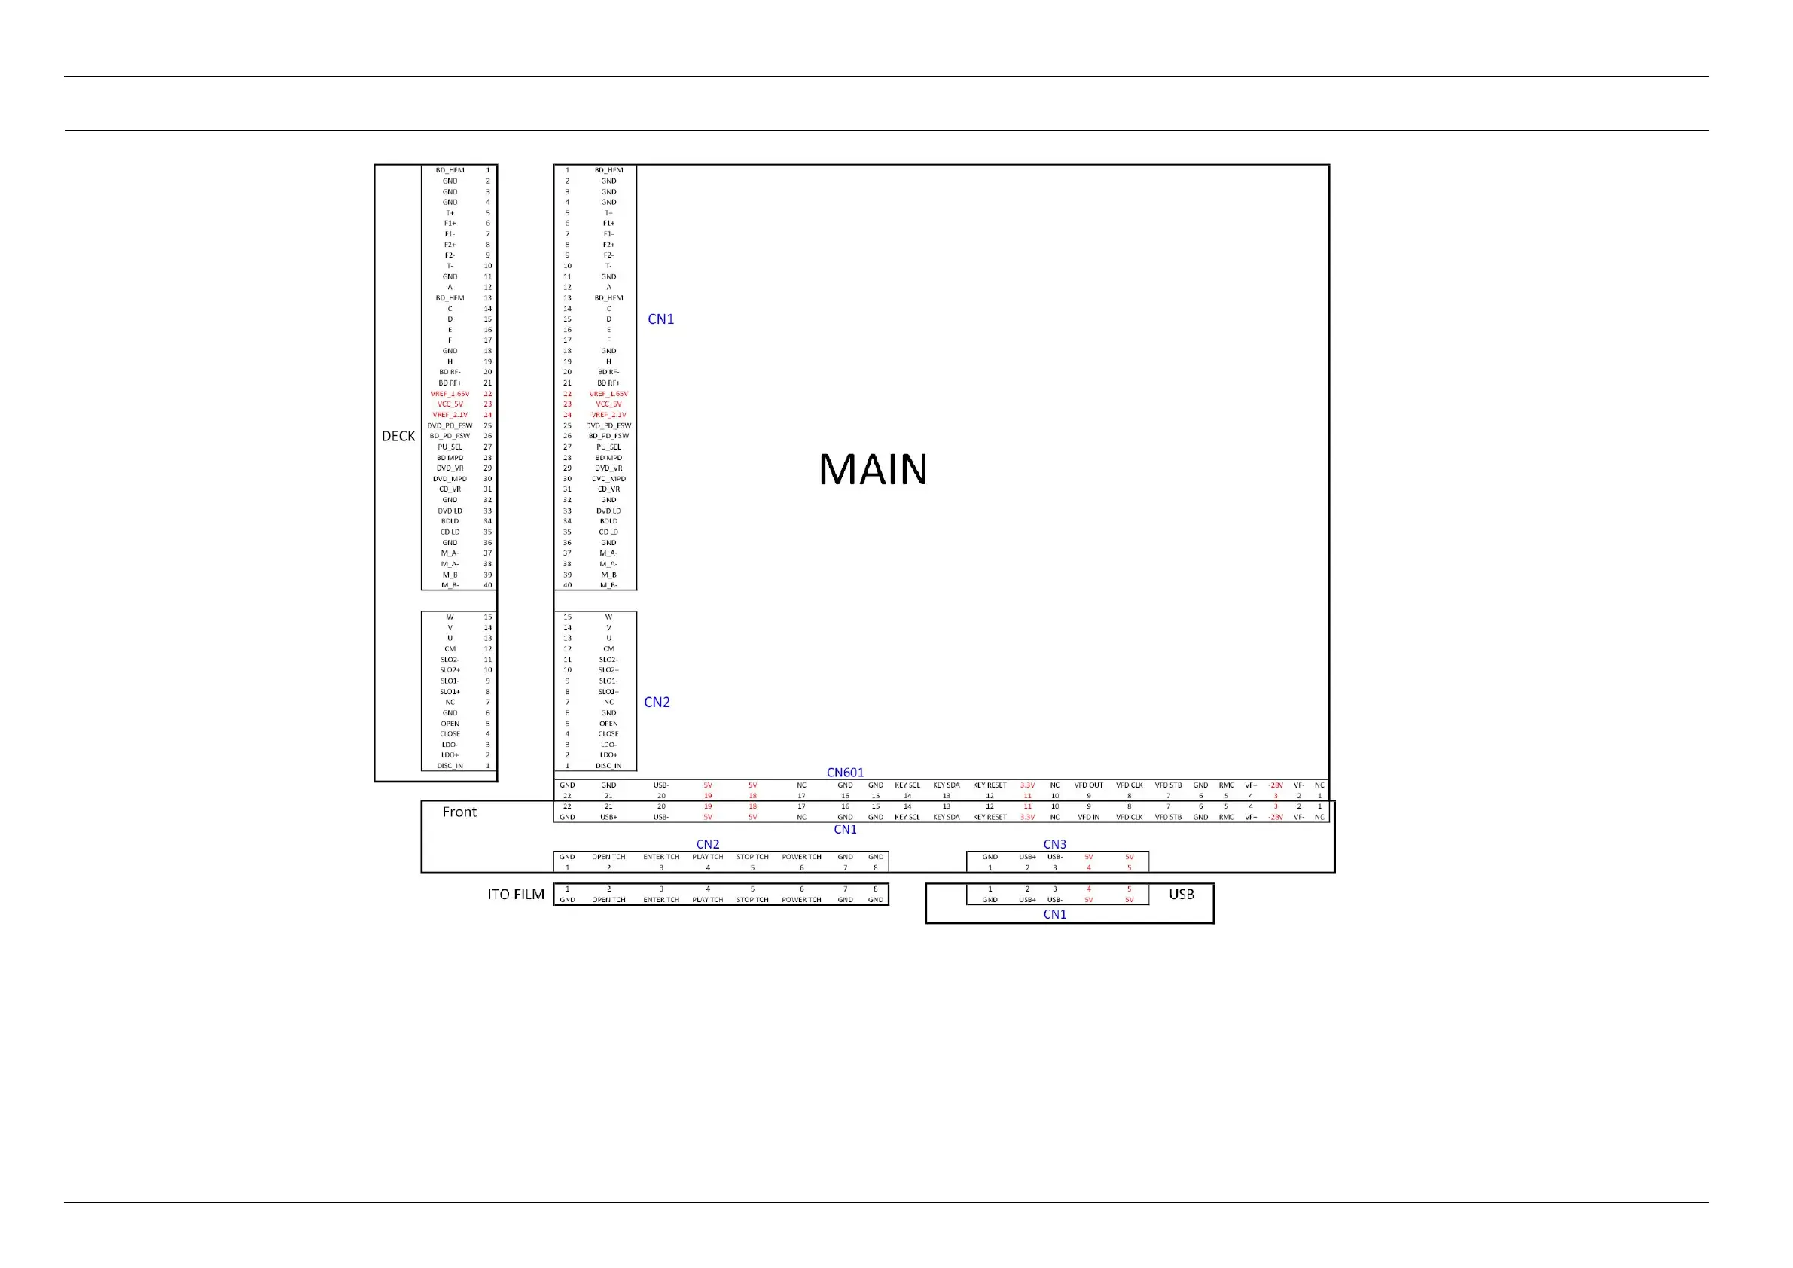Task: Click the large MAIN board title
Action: (x=873, y=469)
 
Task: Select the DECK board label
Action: (x=398, y=437)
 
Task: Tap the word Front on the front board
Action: (x=459, y=812)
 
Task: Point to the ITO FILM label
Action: (x=516, y=894)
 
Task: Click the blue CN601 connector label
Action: (x=845, y=773)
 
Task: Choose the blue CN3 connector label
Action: (x=1054, y=844)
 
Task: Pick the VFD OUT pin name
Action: (x=1089, y=785)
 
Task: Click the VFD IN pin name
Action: (x=1089, y=818)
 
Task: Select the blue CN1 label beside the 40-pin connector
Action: (x=660, y=319)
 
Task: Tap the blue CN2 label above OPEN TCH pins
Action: (x=708, y=844)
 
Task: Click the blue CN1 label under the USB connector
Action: (x=1054, y=914)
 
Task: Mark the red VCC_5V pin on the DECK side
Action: (x=450, y=404)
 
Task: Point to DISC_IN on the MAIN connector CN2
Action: (x=608, y=766)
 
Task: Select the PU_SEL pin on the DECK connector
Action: (x=450, y=447)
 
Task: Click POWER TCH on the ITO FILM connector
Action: (x=801, y=900)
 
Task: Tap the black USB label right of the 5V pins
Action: (x=1182, y=894)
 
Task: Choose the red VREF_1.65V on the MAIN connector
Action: (x=608, y=395)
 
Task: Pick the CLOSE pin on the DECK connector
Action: (x=450, y=734)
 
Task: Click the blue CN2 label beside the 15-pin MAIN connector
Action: (x=657, y=702)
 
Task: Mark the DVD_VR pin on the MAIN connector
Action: (x=608, y=468)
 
